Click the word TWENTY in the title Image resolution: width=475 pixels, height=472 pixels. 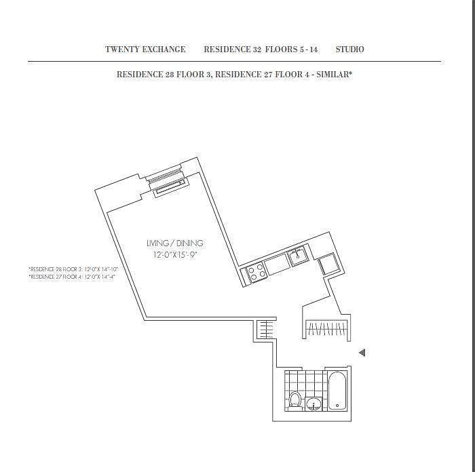120,50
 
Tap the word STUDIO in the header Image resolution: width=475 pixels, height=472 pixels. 349,50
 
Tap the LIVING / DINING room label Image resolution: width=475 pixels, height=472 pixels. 174,243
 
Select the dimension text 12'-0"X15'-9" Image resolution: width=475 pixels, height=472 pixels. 174,255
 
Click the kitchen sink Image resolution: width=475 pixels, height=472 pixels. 298,256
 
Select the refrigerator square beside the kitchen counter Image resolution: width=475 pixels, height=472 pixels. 327,264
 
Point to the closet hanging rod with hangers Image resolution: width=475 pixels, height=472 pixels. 326,330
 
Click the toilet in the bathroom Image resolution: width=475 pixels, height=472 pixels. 295,399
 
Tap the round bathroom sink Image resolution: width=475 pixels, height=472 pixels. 314,404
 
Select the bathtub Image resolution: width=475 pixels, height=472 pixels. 337,392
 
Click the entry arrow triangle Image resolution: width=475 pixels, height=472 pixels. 362,353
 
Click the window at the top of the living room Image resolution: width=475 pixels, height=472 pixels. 166,180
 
